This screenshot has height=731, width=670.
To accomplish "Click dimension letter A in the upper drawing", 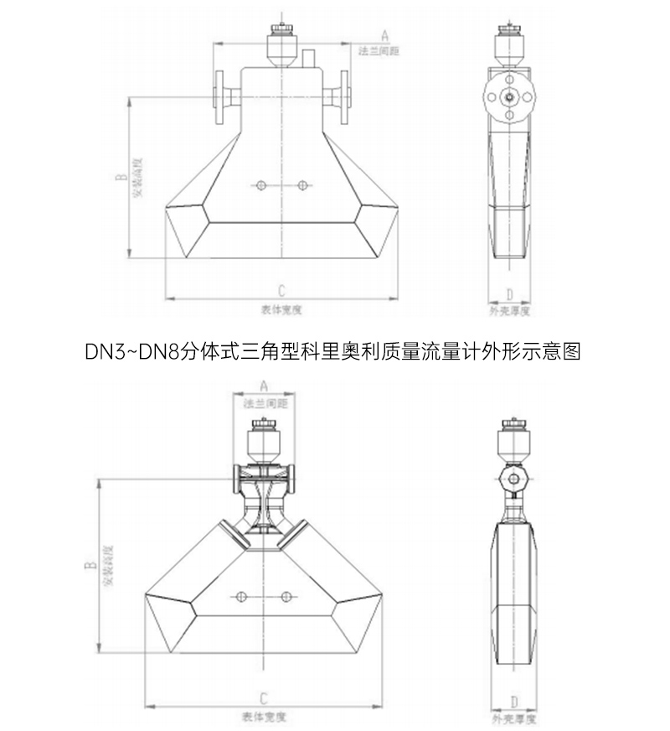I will point(384,36).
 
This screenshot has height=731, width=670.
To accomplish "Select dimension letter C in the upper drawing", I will point(281,290).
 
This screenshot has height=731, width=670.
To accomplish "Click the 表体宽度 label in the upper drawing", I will point(281,309).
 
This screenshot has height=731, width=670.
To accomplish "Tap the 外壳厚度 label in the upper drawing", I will point(510,310).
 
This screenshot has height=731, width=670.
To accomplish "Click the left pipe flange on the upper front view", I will point(222,95).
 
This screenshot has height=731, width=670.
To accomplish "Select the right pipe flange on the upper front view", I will point(343,95).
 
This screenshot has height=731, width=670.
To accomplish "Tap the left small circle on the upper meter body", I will point(261,185).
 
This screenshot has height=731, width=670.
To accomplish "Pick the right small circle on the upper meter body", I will point(302,185).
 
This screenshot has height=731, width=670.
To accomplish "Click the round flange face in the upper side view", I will point(508,95).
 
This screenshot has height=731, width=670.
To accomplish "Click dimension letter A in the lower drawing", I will point(264,386).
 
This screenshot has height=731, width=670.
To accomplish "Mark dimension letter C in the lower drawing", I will point(263,697).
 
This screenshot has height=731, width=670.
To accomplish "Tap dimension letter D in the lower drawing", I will point(513,701).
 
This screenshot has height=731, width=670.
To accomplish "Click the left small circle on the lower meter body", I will point(241,596).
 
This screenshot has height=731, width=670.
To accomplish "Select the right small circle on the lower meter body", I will point(286,596).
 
